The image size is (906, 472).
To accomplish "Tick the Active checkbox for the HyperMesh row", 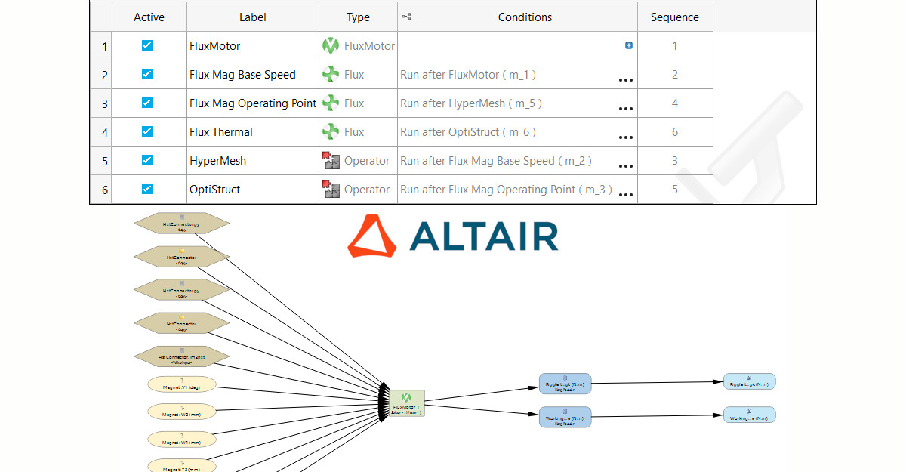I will [147, 160].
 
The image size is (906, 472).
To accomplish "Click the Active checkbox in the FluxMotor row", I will [147, 45].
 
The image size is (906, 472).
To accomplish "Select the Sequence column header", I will [674, 17].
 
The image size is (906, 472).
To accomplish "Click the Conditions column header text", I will [525, 17].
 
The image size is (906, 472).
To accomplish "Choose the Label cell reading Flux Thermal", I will [221, 132].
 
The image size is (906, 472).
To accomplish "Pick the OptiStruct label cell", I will [215, 190].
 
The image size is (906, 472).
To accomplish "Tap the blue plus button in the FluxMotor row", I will [629, 45].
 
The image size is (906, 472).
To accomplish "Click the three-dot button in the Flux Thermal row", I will [625, 137].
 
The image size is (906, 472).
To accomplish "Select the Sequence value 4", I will [674, 103].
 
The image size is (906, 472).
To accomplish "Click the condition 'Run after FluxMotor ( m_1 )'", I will [468, 75].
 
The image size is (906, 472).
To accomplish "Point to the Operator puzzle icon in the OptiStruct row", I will [331, 190].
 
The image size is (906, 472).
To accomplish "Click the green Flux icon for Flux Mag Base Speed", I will [331, 75].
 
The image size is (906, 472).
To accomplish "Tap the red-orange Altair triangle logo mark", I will [371, 236].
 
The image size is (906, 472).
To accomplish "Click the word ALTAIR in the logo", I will [483, 236].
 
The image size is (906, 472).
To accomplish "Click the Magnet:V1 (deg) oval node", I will [182, 384].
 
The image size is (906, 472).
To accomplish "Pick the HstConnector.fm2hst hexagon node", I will [182, 356].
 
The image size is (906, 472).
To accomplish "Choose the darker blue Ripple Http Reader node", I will [565, 384].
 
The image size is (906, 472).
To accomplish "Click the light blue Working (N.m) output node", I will [749, 415].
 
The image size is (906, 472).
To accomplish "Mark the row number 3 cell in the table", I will [104, 103].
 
